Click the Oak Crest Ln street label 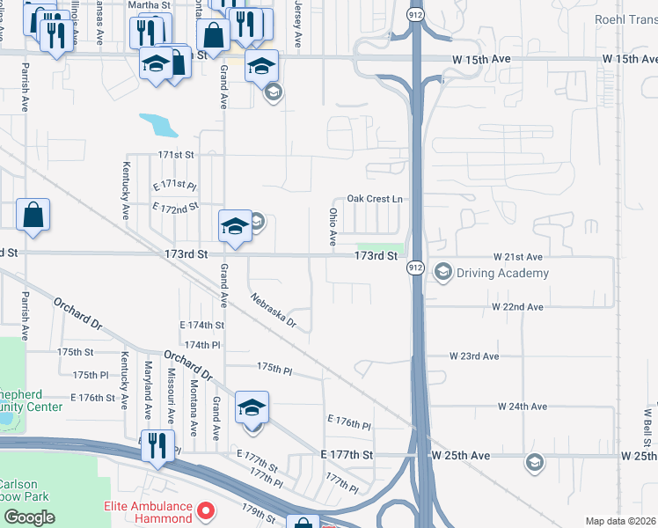click(x=374, y=199)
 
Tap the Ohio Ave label click(x=333, y=227)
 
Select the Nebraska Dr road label click(x=274, y=312)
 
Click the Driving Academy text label click(x=502, y=273)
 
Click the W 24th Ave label click(x=522, y=407)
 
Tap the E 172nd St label click(x=175, y=209)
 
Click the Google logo click(x=29, y=517)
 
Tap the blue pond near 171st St click(x=158, y=124)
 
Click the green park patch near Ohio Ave click(x=380, y=247)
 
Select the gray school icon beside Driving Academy click(x=442, y=272)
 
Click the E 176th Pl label click(x=348, y=422)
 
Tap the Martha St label click(x=149, y=4)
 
